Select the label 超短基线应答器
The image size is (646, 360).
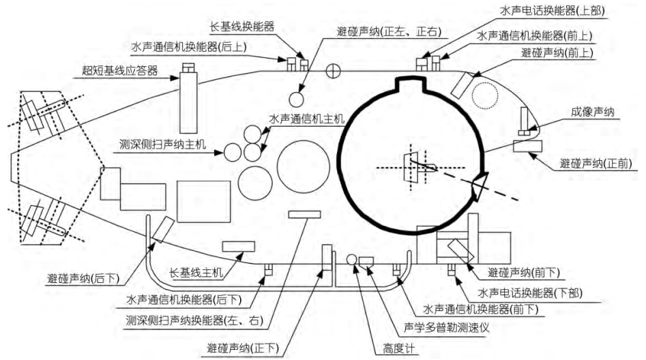point(115,70)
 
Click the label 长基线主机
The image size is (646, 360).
point(197,273)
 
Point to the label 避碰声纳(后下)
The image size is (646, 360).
point(83,278)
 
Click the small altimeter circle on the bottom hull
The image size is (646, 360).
point(352,260)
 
